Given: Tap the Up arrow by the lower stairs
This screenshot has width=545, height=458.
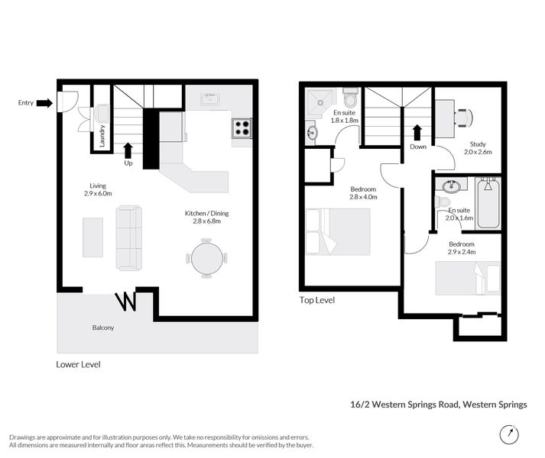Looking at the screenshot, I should (128, 150).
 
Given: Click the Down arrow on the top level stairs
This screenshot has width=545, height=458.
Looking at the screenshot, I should (417, 133).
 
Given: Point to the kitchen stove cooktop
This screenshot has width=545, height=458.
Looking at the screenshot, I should (242, 127).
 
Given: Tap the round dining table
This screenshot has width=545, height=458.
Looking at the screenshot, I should (207, 258).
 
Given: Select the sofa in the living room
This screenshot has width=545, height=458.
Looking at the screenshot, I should (129, 237).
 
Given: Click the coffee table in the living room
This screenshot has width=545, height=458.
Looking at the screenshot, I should (92, 237).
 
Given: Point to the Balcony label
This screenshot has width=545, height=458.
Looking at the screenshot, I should (102, 327).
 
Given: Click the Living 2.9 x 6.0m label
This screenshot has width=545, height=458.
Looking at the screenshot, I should (98, 190).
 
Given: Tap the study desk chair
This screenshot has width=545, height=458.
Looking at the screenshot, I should (465, 117).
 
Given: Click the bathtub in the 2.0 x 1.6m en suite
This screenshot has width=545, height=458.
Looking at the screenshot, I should (487, 203).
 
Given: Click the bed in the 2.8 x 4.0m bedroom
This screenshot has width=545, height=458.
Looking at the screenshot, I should (337, 231).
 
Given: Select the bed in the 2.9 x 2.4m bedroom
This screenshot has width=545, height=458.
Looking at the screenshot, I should (468, 278).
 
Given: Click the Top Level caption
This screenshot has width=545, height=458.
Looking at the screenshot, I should (316, 300).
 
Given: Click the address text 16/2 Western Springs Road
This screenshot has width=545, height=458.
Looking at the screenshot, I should (433, 405).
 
